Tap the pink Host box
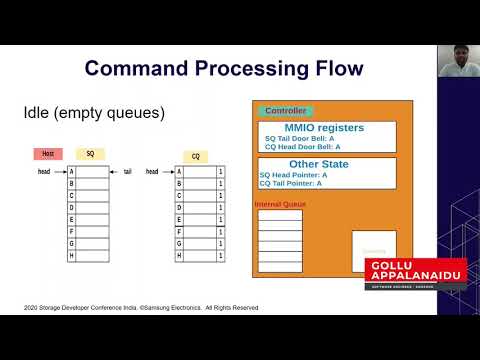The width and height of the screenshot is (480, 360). (47, 154)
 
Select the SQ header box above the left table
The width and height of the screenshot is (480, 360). (90, 154)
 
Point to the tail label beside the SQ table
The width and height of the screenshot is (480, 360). (126, 171)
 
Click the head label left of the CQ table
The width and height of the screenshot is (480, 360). (152, 171)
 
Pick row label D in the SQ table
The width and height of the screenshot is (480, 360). (70, 208)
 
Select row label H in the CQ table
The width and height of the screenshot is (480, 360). (180, 256)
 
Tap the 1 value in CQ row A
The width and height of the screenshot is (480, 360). (220, 171)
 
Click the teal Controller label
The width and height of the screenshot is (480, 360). (285, 111)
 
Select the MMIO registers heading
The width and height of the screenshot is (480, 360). (325, 127)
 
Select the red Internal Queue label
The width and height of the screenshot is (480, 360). (280, 203)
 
